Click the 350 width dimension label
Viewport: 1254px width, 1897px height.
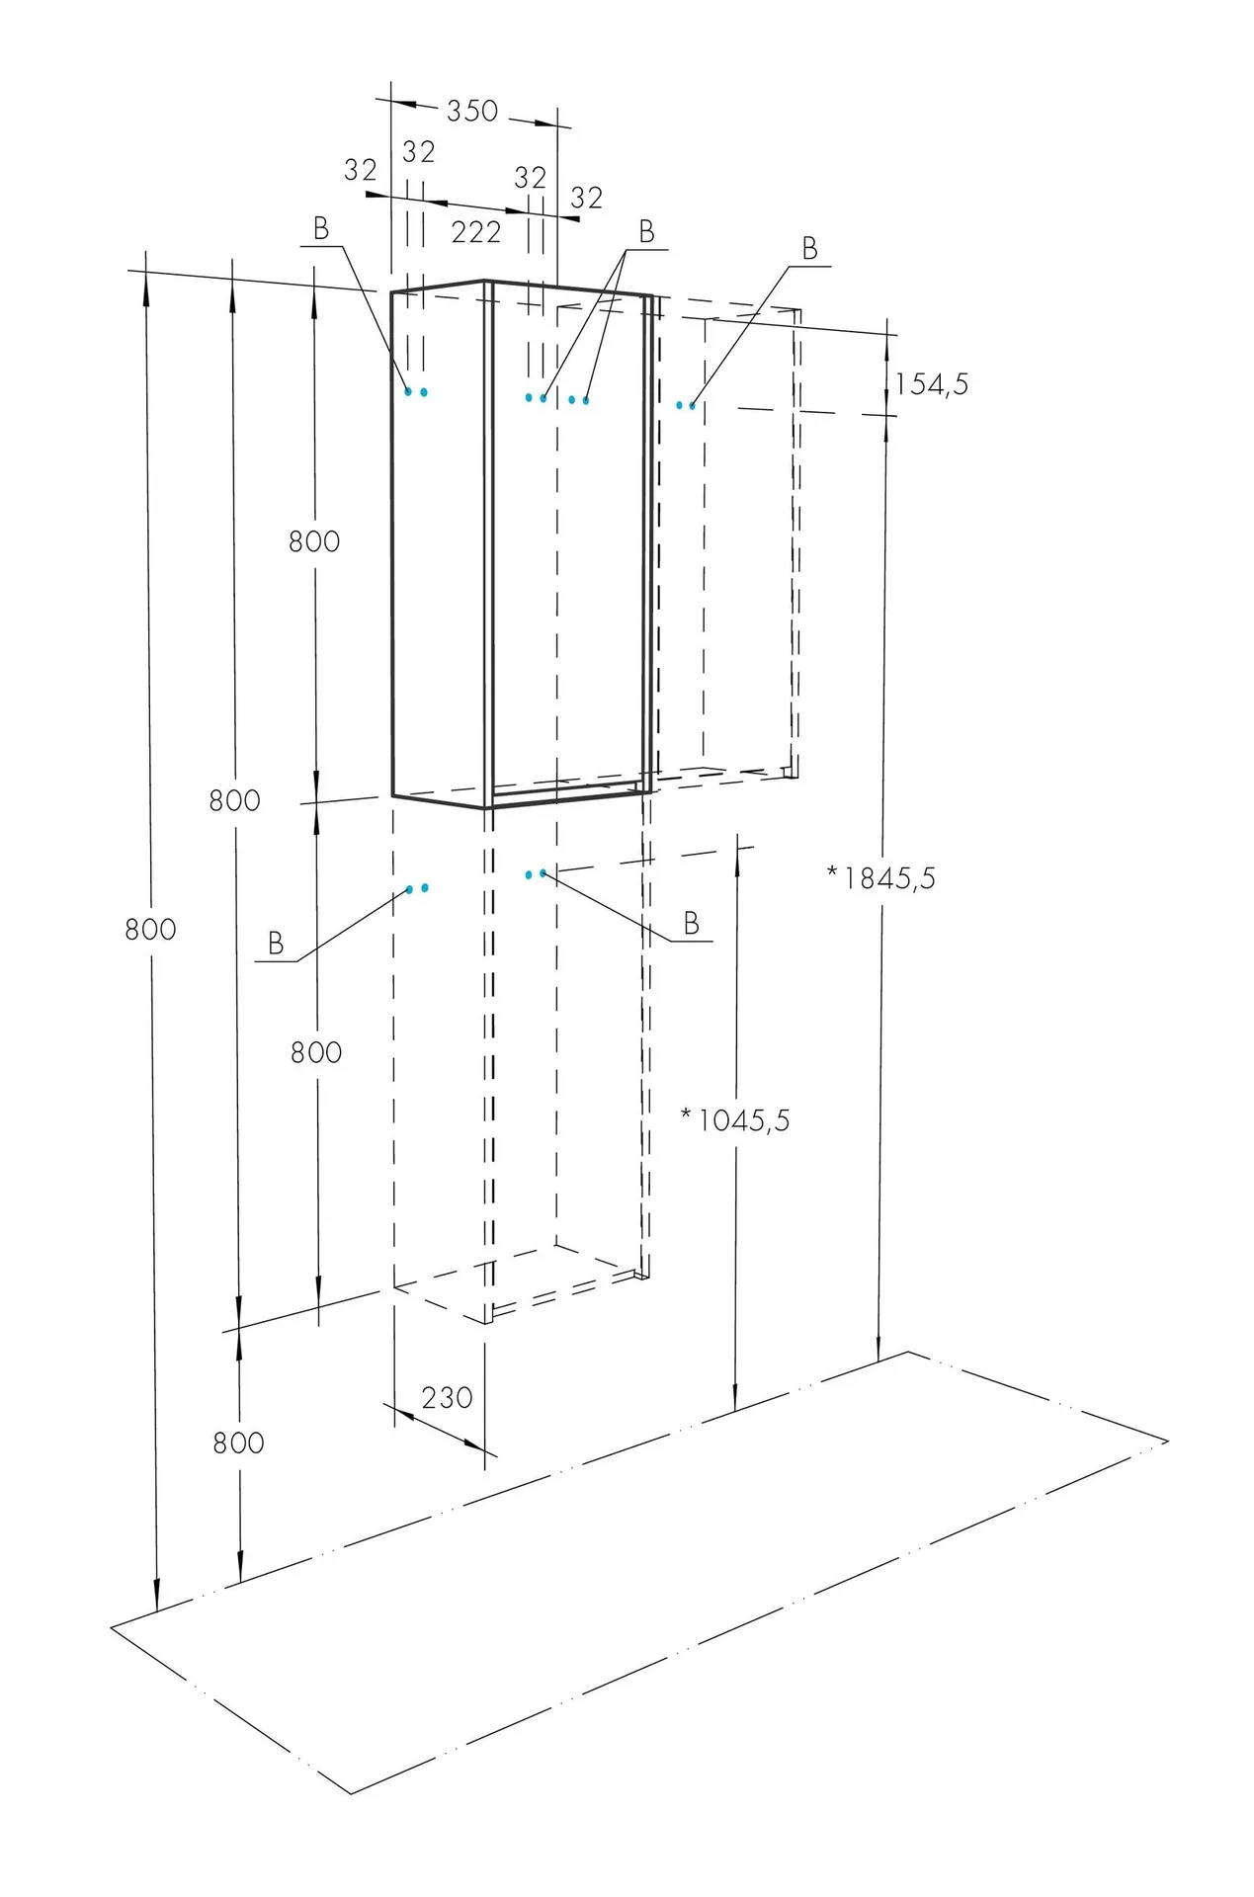472,111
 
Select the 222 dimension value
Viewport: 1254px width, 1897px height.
476,232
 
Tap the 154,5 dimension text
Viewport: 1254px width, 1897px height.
932,384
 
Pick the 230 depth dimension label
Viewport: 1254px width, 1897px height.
447,1398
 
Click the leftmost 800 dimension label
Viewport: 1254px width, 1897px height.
150,929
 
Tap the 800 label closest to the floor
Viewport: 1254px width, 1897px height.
239,1443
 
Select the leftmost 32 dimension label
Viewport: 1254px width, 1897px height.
361,171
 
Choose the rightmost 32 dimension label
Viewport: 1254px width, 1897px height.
587,199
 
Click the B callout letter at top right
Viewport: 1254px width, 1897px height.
810,249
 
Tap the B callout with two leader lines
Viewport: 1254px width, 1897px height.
647,232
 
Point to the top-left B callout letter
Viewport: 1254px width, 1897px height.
321,229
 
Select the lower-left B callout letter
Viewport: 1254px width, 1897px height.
277,944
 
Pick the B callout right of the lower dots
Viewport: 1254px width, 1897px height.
692,924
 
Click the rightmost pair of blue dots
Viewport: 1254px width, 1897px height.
686,405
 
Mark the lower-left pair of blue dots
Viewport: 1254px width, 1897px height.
417,889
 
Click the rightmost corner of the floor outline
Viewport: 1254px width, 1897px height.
1169,1441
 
